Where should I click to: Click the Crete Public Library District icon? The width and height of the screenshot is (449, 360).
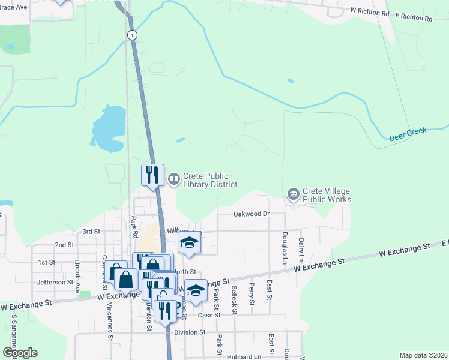click(x=174, y=179)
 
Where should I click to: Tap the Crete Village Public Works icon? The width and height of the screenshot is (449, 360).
click(x=294, y=194)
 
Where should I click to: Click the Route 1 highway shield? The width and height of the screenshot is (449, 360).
click(x=131, y=35)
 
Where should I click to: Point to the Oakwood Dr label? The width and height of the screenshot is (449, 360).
click(x=251, y=214)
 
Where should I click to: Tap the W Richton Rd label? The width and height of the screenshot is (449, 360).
click(x=370, y=12)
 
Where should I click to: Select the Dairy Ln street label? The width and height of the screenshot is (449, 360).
click(x=301, y=249)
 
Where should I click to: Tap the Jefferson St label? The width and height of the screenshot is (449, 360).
click(x=55, y=281)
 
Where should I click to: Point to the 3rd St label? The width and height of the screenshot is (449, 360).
click(x=91, y=231)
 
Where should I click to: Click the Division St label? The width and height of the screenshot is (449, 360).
click(x=190, y=332)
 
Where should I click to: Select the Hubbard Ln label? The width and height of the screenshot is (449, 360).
click(x=244, y=356)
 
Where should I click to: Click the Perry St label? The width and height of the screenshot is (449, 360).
click(x=252, y=294)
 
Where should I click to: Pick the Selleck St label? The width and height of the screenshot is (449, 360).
click(x=234, y=300)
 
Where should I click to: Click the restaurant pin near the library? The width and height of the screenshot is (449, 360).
click(x=152, y=175)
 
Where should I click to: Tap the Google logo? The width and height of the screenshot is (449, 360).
click(x=20, y=353)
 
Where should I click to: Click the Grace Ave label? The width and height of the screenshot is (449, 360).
click(x=13, y=7)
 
